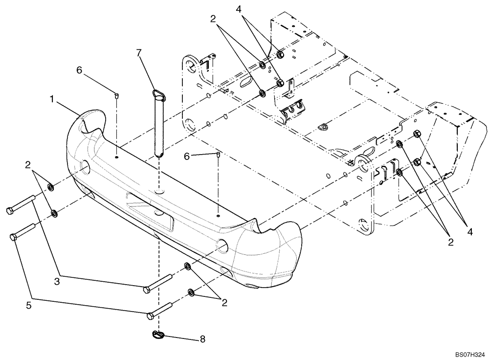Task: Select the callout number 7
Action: (x=139, y=51)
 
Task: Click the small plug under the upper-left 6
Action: (x=117, y=96)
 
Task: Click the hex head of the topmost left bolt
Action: (x=10, y=211)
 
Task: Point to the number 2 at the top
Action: (x=212, y=19)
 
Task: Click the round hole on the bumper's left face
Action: (x=84, y=167)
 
